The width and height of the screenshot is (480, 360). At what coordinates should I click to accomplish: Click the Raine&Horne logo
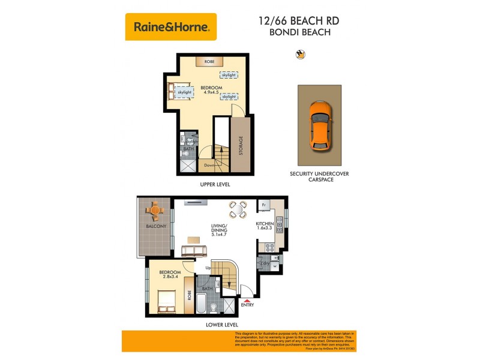click(171, 27)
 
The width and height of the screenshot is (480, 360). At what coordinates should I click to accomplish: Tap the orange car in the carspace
click(319, 125)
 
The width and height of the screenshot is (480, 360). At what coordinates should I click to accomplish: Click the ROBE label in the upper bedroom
click(210, 62)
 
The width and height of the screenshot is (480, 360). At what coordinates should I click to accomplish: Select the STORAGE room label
click(241, 146)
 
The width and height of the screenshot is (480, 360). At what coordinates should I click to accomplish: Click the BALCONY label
click(156, 226)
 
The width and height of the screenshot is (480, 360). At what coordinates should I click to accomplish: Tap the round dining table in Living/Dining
click(238, 209)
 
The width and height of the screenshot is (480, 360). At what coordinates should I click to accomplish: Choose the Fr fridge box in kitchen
click(264, 205)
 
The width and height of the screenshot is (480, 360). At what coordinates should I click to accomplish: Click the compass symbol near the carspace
click(301, 55)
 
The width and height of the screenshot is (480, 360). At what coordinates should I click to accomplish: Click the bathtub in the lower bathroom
click(202, 304)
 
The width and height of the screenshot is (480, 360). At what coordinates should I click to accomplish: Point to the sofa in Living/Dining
click(194, 250)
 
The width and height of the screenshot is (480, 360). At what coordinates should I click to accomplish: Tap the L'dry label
click(265, 263)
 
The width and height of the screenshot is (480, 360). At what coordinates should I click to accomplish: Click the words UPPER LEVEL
click(215, 184)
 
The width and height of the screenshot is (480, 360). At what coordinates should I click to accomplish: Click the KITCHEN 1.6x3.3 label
click(265, 226)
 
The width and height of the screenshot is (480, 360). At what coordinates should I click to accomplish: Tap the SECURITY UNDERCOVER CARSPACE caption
click(319, 176)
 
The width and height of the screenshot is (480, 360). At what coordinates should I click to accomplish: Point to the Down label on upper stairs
click(209, 165)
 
